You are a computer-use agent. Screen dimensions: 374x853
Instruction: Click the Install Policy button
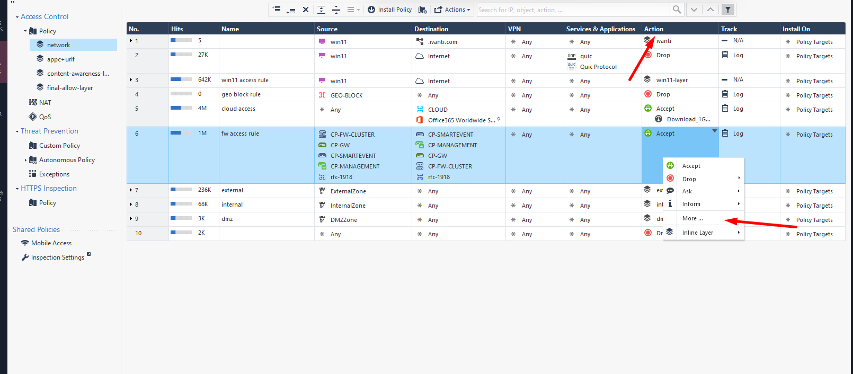coord(390,10)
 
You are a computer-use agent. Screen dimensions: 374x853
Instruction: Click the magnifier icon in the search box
coord(677,10)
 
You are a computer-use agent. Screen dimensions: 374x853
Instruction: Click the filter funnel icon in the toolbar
coord(728,10)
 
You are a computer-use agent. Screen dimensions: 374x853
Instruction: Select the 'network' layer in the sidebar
coord(58,45)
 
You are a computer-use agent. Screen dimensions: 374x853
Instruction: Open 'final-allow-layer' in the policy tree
coord(69,88)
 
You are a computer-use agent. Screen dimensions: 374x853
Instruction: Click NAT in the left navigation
coord(45,103)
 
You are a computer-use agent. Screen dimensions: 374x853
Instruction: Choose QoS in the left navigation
coord(45,117)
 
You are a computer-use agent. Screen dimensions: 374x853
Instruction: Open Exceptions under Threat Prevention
coord(54,174)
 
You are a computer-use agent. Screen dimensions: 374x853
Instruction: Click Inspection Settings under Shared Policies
coord(57,257)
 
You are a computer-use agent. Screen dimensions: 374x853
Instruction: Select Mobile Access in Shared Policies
coord(51,243)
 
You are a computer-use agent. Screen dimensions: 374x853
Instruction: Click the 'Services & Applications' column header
coord(600,29)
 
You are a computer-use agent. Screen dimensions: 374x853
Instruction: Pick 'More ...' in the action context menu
coord(692,218)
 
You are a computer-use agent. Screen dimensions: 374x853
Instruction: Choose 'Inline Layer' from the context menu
coord(697,233)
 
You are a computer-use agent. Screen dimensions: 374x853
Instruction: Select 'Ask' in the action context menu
coord(687,191)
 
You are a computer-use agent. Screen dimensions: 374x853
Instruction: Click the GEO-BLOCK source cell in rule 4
coord(346,95)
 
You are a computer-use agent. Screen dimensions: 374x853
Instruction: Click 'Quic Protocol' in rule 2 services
coord(598,67)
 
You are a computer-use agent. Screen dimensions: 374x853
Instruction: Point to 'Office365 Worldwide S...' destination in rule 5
coord(461,120)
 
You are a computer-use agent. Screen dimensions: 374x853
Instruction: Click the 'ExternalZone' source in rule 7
coord(348,191)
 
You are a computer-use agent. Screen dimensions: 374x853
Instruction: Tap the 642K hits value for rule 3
coord(205,79)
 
